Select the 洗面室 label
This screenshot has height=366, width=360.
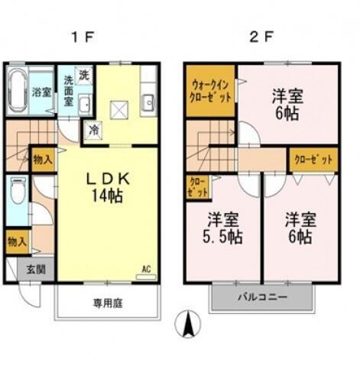tap(69, 90)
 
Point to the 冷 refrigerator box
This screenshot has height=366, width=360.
tap(93, 130)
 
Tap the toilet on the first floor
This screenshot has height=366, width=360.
tap(18, 192)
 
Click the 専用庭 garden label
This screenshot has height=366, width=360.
tap(108, 303)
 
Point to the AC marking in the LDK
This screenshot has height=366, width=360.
tap(146, 269)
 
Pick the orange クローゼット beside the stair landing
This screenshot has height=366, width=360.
tap(313, 160)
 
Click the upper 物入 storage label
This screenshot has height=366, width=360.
tap(43, 159)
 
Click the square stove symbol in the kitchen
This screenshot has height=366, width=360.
tap(118, 112)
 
